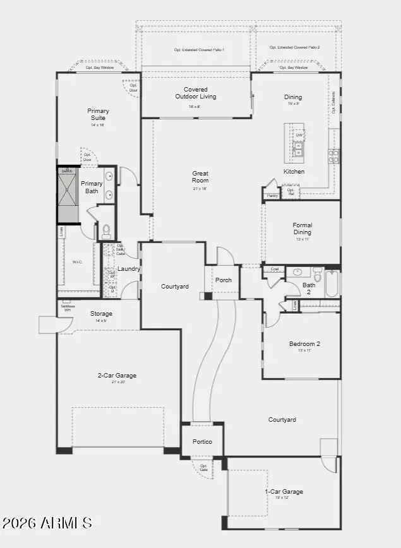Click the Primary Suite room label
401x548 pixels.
98,114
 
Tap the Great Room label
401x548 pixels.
200,177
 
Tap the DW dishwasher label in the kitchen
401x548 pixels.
299,135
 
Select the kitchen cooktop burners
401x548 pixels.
333,155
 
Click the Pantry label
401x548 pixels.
272,196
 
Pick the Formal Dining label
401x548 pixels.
302,229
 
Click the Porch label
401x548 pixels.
223,280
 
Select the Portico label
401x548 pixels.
202,441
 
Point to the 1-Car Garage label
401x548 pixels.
284,491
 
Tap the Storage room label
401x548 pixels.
101,314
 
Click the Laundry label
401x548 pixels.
129,269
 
